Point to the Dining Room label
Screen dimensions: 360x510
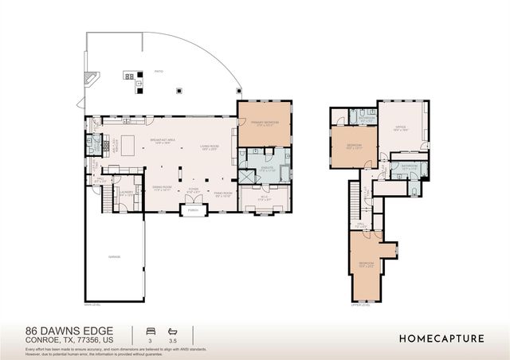click(163, 188)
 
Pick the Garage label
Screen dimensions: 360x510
click(114, 257)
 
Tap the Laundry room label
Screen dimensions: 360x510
click(126, 193)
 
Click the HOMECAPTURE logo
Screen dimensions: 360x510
click(441, 338)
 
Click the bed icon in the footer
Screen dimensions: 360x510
click(148, 330)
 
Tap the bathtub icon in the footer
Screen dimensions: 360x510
click(171, 330)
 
